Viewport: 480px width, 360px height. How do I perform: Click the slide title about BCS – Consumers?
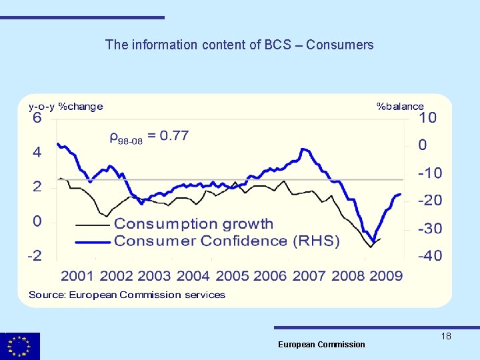239,45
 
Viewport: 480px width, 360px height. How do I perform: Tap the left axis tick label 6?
37,119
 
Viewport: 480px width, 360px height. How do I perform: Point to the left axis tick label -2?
35,256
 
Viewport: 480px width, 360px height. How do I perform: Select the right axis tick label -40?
429,256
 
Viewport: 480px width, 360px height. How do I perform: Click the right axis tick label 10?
427,118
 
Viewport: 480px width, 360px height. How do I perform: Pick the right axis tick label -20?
429,201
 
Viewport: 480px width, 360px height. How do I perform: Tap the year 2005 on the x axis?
232,276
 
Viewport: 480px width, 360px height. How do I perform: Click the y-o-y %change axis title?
65,106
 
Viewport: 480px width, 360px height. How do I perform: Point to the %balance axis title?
400,106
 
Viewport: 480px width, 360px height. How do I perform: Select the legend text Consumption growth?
193,224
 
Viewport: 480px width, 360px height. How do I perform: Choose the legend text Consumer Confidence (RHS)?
227,241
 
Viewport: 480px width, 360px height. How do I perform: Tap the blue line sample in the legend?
93,242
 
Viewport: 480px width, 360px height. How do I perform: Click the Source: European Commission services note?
127,295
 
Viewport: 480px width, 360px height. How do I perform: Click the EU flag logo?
20,346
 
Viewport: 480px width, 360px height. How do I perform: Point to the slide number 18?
446,337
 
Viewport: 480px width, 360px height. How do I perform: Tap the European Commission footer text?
321,345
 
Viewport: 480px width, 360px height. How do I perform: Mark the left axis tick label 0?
38,221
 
